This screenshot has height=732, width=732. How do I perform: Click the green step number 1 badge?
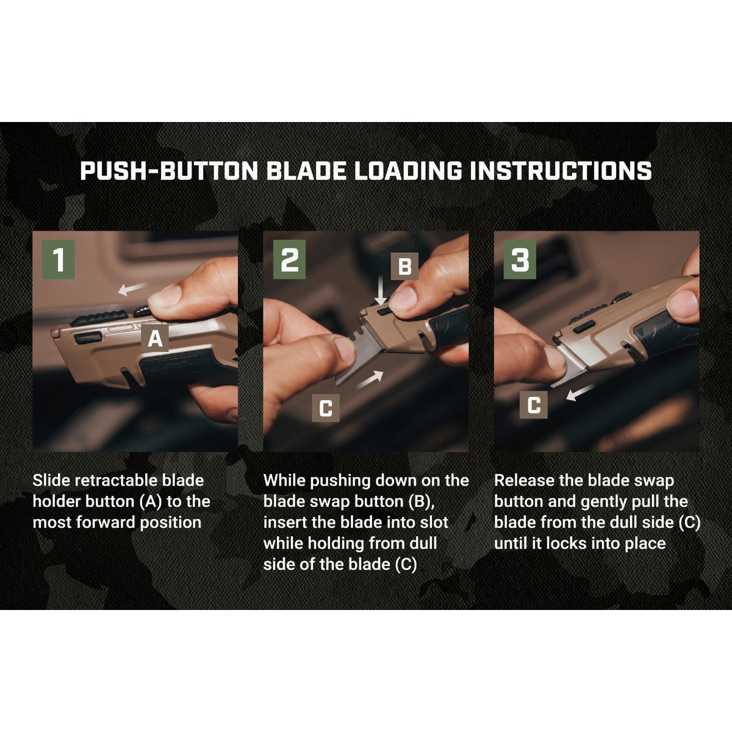click(x=59, y=260)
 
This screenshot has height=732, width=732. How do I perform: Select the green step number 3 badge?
click(x=520, y=260)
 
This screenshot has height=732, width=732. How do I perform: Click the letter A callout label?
click(x=156, y=339)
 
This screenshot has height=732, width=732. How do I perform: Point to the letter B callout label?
click(x=404, y=266)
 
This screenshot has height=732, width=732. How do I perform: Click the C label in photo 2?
click(x=326, y=408)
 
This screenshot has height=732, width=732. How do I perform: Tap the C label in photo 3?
click(x=533, y=404)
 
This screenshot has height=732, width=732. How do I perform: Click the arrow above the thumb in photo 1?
click(x=132, y=289)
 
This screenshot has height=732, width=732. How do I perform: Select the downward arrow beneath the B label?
click(x=381, y=292)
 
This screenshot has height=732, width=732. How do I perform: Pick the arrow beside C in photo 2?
click(x=371, y=381)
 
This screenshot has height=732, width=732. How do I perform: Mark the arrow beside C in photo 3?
click(x=580, y=393)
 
